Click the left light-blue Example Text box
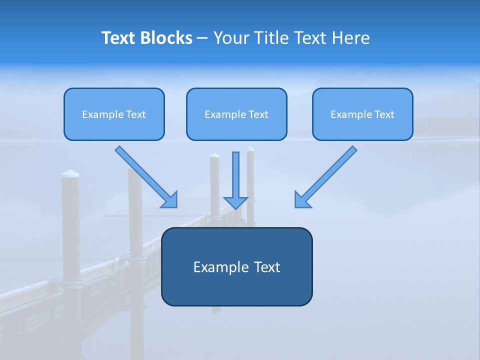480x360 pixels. click(114, 114)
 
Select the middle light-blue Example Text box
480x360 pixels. click(236, 114)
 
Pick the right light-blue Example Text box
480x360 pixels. click(362, 114)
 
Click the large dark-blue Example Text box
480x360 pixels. click(236, 266)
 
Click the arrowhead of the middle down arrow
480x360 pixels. click(236, 202)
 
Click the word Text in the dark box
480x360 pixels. click(267, 267)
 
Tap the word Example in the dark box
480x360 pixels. click(221, 267)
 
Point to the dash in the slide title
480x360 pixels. click(202, 38)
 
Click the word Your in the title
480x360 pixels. click(230, 38)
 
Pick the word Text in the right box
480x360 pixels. click(384, 114)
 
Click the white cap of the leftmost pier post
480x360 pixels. click(70, 173)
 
